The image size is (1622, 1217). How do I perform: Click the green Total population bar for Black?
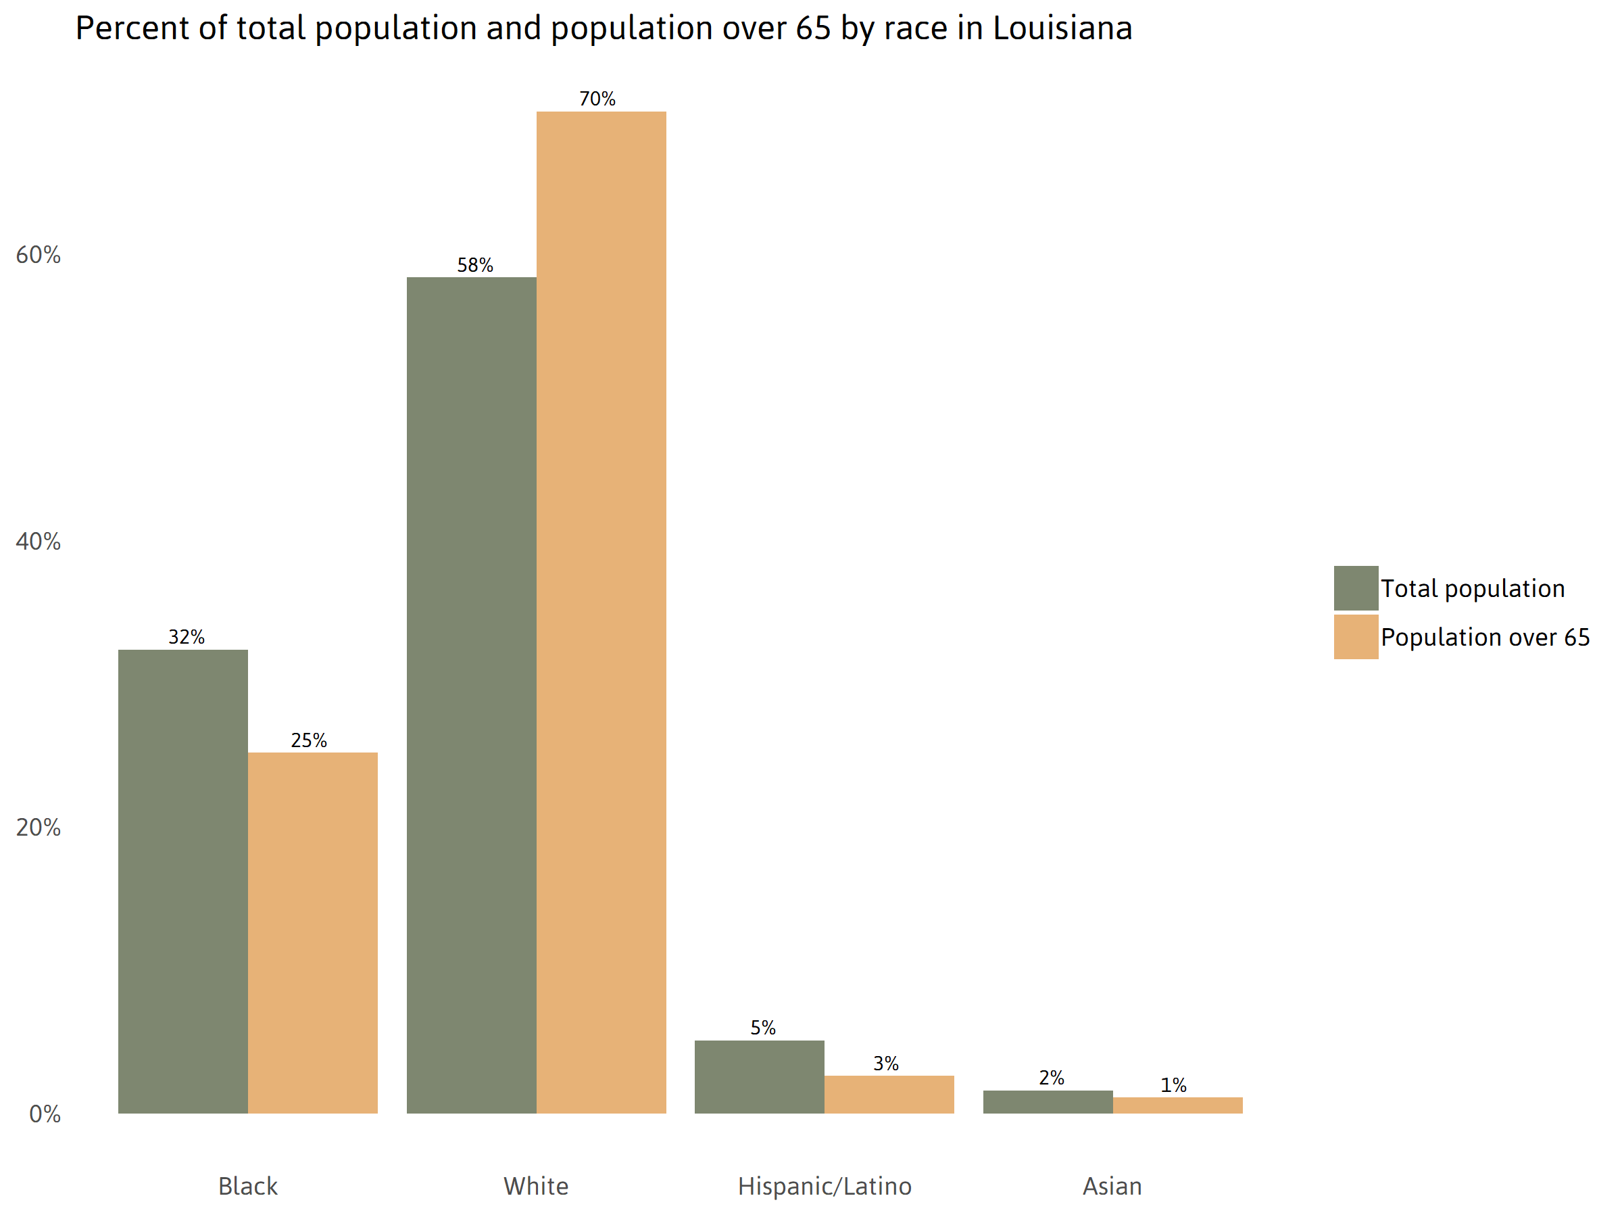182,880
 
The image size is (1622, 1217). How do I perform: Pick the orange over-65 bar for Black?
312,932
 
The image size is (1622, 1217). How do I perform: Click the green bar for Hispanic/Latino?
759,1076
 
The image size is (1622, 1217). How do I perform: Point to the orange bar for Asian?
1177,1105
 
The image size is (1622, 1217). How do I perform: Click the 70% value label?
597,99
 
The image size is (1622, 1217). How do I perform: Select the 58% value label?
474,266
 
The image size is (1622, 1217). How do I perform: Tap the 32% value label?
187,637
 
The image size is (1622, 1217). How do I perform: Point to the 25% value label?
309,740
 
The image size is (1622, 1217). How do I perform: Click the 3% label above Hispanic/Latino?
886,1063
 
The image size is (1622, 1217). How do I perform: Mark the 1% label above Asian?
1173,1085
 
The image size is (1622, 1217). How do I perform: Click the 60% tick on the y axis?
38,254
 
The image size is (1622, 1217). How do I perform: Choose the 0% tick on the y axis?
45,1114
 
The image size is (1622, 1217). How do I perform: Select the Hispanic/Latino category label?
825,1186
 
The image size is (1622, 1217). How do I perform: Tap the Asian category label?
1112,1186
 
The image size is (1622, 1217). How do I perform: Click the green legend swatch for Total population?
1356,588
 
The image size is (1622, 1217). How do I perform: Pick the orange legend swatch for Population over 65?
1356,637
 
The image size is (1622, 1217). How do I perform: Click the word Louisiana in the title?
1062,28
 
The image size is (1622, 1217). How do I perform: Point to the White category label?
536,1186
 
